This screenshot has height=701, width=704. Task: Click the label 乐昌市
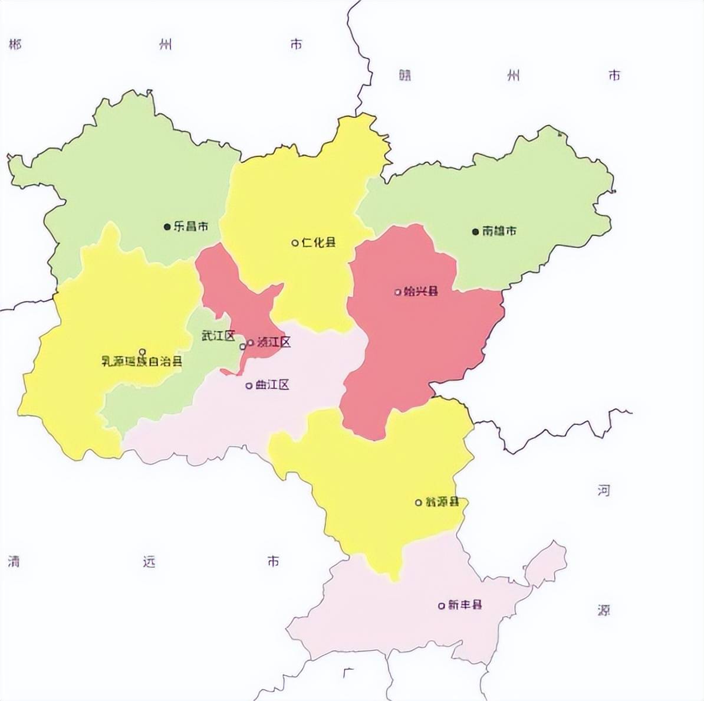[x=190, y=227]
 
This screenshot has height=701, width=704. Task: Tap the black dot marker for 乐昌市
[x=167, y=227]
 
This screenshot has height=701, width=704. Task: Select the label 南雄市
[x=499, y=231]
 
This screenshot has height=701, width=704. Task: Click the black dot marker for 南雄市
[x=475, y=232]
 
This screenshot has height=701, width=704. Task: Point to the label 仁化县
[x=318, y=243]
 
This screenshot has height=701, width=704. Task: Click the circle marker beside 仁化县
[x=295, y=243]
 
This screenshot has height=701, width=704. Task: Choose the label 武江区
[x=218, y=336]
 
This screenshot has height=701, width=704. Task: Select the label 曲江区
[x=272, y=385]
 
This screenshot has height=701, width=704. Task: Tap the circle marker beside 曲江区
[x=249, y=386]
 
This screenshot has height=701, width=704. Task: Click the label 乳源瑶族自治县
[x=142, y=362]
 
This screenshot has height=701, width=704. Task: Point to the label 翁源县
[x=442, y=502]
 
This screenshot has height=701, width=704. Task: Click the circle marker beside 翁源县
[x=419, y=503]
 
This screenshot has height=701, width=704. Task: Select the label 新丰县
[x=465, y=605]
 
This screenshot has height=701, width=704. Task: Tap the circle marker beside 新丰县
[x=442, y=605]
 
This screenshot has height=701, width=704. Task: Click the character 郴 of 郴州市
[x=15, y=45]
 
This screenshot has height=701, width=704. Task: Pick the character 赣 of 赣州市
[x=404, y=76]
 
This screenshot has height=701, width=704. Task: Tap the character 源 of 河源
[x=603, y=610]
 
